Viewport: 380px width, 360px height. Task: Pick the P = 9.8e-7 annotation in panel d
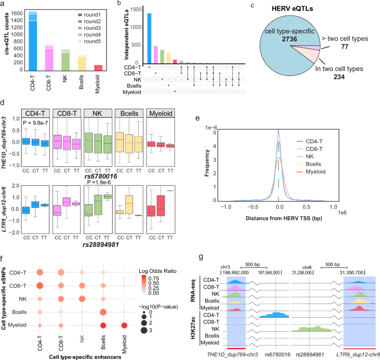[38, 123]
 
